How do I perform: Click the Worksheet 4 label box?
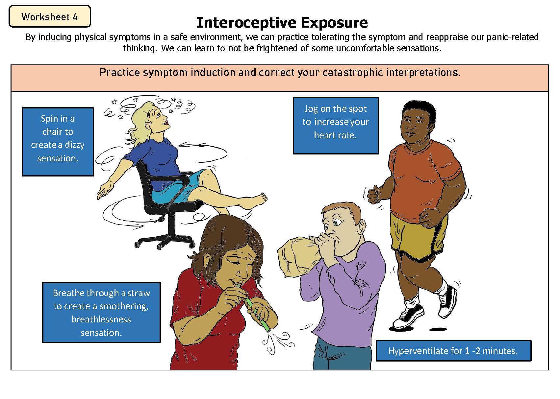[x=50, y=16]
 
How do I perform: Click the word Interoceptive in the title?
[x=246, y=23]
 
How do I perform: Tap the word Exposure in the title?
[x=334, y=23]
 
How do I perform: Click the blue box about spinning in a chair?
[x=58, y=142]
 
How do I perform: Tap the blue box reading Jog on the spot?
[x=336, y=125]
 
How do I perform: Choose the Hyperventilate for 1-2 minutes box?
[x=453, y=351]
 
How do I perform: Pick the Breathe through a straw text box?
[x=101, y=312]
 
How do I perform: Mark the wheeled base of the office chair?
[x=165, y=240]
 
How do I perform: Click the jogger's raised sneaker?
[x=448, y=302]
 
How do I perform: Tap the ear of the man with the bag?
[x=362, y=226]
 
